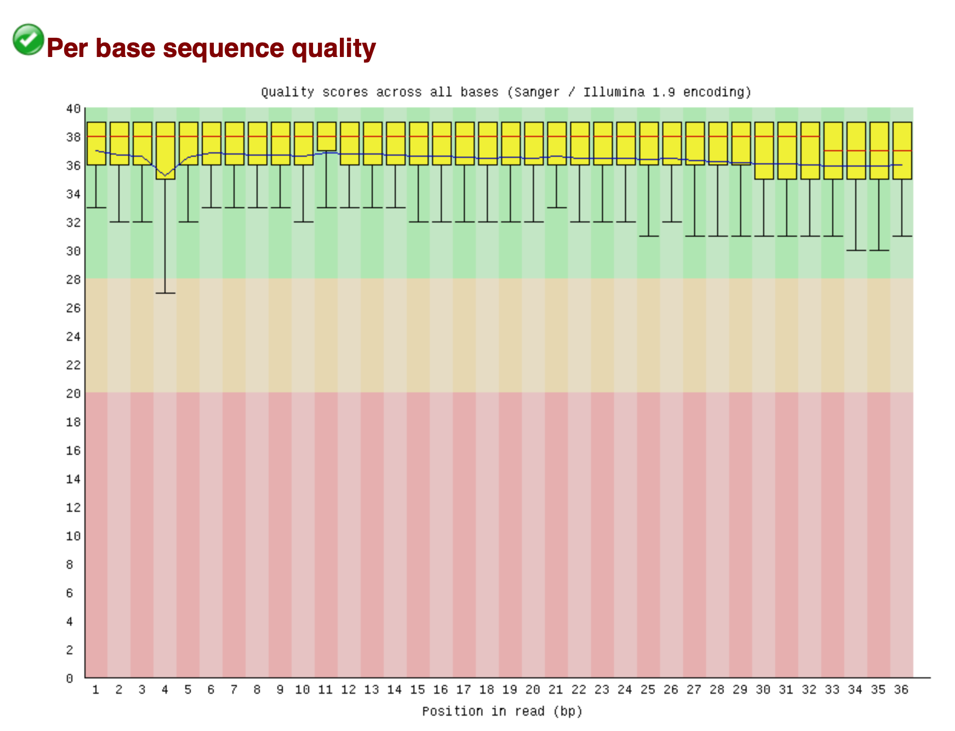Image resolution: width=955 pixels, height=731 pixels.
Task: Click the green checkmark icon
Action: pos(28,39)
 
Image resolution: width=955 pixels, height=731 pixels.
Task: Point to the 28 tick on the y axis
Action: pos(73,279)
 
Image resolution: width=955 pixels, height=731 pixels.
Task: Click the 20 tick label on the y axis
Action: pos(73,393)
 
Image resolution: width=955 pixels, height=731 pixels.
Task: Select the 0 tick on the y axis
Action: pos(70,678)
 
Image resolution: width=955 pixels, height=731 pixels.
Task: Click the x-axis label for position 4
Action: pos(165,690)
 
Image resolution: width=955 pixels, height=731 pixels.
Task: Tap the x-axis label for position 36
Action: pos(901,690)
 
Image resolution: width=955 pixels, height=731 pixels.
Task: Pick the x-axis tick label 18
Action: pos(487,690)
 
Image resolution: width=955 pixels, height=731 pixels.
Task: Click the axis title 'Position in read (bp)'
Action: pos(502,711)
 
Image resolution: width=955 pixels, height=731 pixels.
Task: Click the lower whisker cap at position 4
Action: pos(166,293)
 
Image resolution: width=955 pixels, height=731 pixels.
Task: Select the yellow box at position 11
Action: pos(327,136)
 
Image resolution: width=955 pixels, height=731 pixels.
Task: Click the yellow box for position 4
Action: pos(166,151)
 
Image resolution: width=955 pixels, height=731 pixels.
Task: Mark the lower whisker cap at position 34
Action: pos(856,250)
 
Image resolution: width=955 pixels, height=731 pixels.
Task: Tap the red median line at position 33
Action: pos(833,151)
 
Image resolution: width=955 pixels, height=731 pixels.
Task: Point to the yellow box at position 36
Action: pos(902,151)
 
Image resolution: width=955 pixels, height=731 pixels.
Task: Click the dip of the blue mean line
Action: pos(166,175)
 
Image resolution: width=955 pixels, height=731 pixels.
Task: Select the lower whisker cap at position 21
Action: pos(557,208)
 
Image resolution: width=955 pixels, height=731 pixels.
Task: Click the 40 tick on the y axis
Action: pos(73,108)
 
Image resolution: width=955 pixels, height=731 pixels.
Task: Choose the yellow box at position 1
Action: pos(96,144)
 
